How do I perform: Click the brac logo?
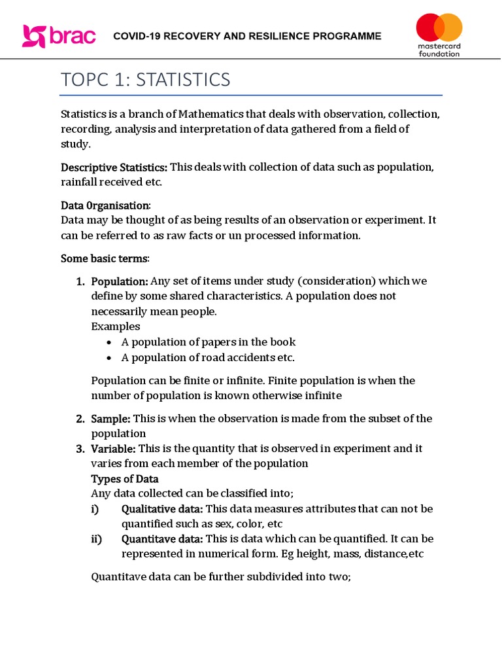click(59, 36)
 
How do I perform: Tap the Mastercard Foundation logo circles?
click(439, 28)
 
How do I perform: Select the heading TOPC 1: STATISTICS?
click(145, 80)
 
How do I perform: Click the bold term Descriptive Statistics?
click(114, 167)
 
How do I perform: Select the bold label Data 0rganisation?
click(105, 205)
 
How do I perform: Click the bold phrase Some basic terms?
click(105, 258)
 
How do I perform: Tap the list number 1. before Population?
click(80, 281)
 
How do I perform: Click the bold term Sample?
click(110, 418)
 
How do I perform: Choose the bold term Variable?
click(113, 448)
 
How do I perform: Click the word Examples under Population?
click(115, 326)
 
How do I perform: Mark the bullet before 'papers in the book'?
click(109, 342)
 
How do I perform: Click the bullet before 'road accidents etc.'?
click(109, 358)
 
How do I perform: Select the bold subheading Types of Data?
click(124, 479)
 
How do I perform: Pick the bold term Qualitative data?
click(161, 509)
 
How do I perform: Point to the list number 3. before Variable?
click(80, 449)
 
